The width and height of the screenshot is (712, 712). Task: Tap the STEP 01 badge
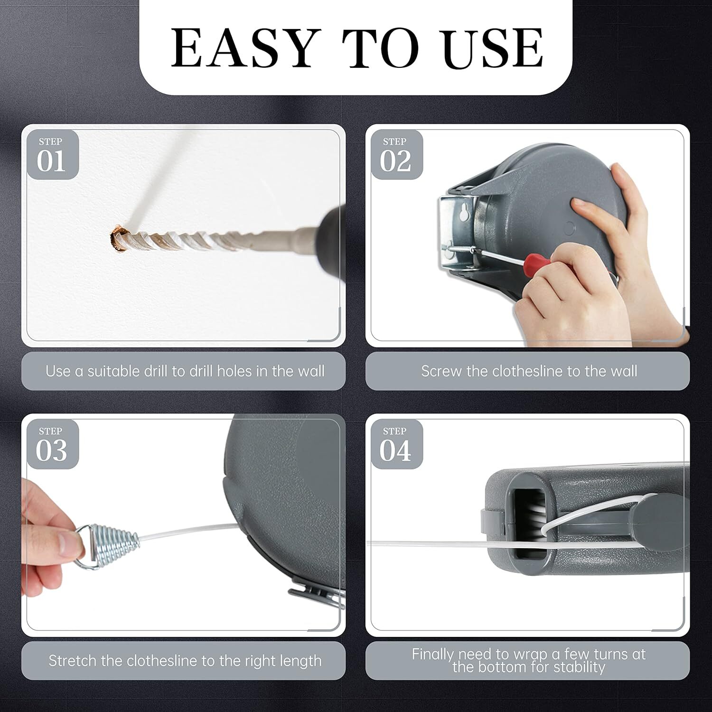pos(51,155)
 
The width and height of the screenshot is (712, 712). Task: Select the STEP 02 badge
pos(396,155)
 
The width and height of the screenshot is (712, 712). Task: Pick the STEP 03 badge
pos(51,445)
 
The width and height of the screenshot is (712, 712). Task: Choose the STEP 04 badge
pos(396,445)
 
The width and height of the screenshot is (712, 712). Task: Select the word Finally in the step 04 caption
pos(432,654)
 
